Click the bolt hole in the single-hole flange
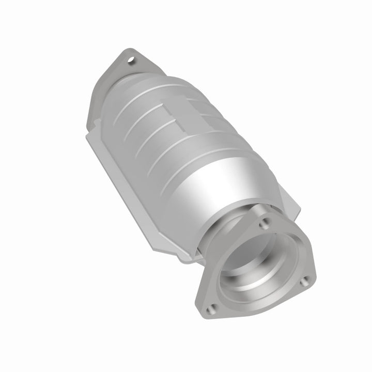(x=135, y=60)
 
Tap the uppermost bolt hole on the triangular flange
(x=265, y=223)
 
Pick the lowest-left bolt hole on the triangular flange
(x=209, y=312)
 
